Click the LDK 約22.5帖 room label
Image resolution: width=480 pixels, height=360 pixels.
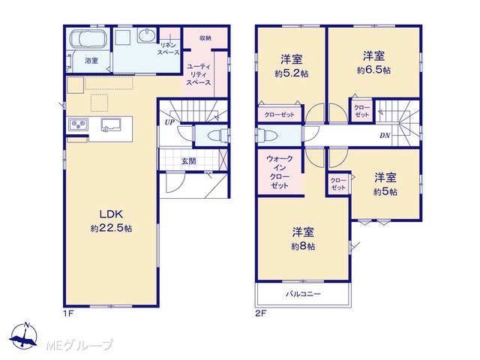[112, 221]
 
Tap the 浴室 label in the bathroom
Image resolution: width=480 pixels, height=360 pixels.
[91, 61]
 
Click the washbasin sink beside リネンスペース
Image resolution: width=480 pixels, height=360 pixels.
[147, 36]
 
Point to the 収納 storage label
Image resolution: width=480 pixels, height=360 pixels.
[205, 38]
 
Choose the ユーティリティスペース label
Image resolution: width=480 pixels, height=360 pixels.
[198, 74]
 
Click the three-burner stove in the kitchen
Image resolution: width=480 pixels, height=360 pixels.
[78, 124]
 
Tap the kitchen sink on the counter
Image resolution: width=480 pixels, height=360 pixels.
[111, 125]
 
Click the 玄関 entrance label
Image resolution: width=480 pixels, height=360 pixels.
[188, 160]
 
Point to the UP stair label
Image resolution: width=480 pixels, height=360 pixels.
[169, 122]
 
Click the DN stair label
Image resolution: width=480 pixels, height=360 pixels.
[385, 135]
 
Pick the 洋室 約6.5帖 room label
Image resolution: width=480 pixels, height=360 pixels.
[373, 63]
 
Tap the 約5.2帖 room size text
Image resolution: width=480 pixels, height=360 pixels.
[291, 73]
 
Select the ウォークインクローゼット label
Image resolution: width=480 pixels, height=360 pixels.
[280, 172]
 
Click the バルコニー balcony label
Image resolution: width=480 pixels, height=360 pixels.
[303, 294]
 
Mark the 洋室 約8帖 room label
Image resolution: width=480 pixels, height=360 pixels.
[303, 239]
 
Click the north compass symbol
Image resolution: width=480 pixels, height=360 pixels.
[24, 335]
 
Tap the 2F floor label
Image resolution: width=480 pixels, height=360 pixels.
[261, 313]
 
